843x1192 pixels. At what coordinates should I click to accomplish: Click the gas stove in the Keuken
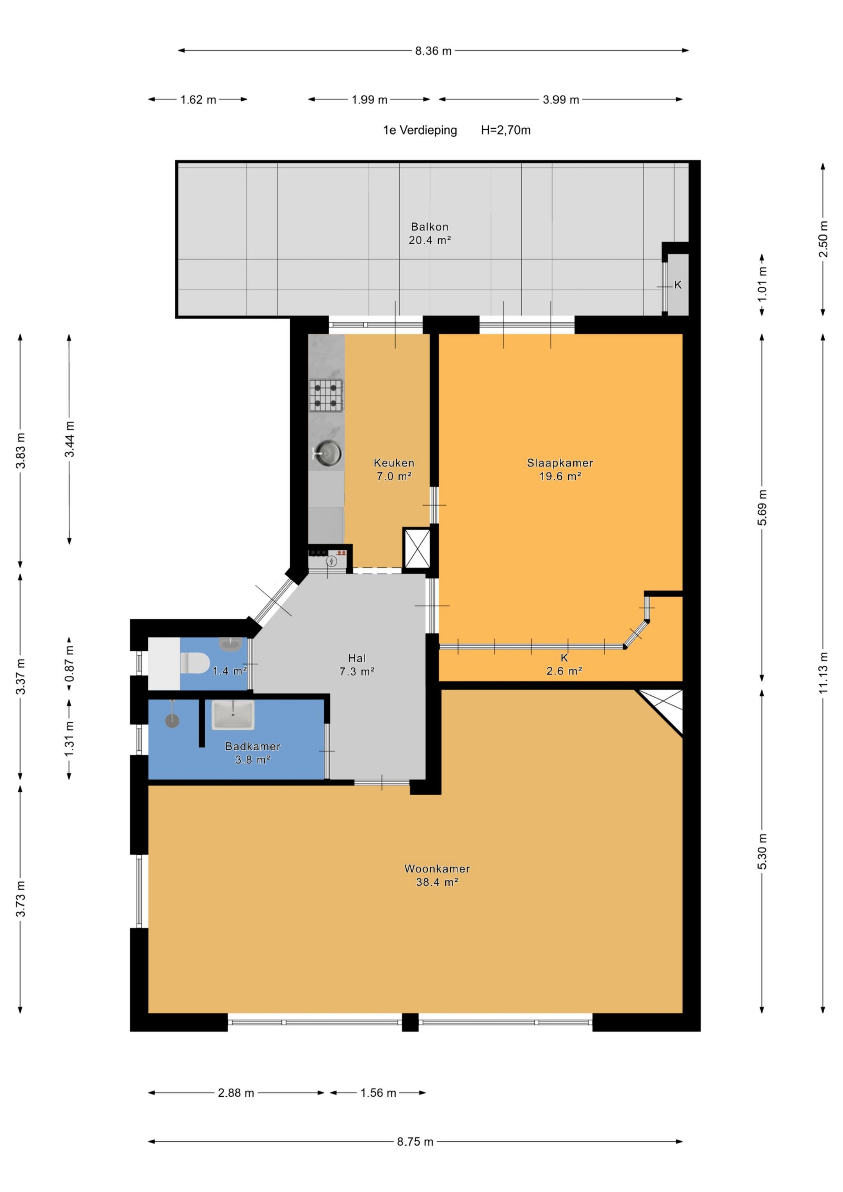point(327,395)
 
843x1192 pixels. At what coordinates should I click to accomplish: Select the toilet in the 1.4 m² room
point(195,663)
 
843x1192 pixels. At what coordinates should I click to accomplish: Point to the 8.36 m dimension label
point(433,51)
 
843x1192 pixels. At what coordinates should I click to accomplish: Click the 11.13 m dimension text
point(823,672)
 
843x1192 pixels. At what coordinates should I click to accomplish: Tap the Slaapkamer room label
point(560,463)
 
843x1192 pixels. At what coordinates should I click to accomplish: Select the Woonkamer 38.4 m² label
point(437,875)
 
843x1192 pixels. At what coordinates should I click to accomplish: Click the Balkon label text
point(430,227)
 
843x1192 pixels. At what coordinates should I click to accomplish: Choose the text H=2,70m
point(505,130)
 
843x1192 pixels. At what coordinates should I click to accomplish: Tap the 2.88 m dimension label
point(236,1093)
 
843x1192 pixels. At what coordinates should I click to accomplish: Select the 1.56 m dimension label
point(378,1093)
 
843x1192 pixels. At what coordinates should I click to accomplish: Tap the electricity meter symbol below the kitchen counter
point(331,561)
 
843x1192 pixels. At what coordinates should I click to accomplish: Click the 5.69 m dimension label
point(762,507)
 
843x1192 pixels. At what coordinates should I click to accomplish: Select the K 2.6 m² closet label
point(564,664)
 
